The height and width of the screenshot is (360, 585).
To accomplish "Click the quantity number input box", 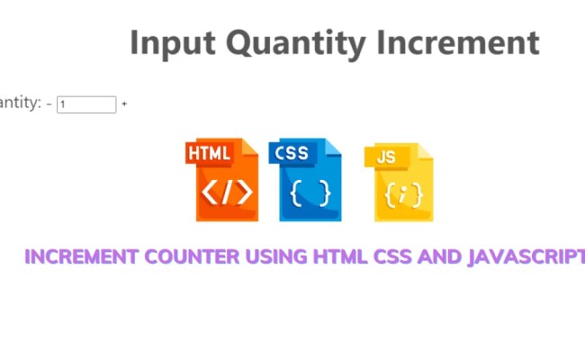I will click(86, 104).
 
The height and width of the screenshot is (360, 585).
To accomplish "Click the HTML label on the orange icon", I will click(210, 154).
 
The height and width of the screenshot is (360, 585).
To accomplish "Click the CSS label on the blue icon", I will click(292, 153).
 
